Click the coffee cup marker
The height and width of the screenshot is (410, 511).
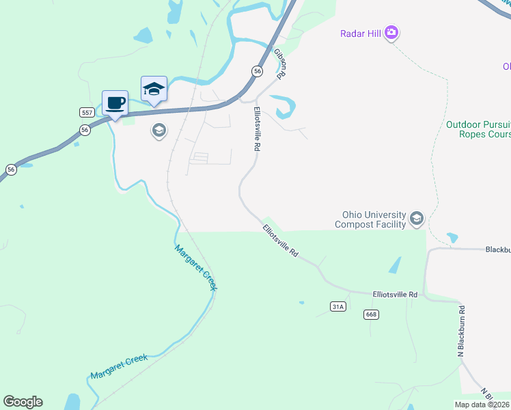115,103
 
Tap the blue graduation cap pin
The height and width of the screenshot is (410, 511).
154,89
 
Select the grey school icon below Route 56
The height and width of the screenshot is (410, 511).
159,130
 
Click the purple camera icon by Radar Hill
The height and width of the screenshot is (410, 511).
391,32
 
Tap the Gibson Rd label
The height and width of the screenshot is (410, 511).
280,63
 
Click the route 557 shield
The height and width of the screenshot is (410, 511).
87,112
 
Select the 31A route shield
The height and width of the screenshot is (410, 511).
337,307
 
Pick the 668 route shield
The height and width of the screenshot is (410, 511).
371,314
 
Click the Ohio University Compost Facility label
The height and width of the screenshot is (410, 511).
370,219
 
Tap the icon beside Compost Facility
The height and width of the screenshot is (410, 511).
416,219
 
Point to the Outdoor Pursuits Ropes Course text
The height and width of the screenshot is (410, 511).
478,129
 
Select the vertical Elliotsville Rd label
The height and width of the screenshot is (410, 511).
258,128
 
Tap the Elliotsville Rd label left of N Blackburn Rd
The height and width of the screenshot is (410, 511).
395,294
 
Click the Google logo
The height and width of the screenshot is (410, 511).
23,402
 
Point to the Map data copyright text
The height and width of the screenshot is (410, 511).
482,405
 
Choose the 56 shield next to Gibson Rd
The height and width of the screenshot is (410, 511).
257,71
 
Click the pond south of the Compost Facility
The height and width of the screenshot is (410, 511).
396,265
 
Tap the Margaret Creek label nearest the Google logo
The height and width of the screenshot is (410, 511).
119,366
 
